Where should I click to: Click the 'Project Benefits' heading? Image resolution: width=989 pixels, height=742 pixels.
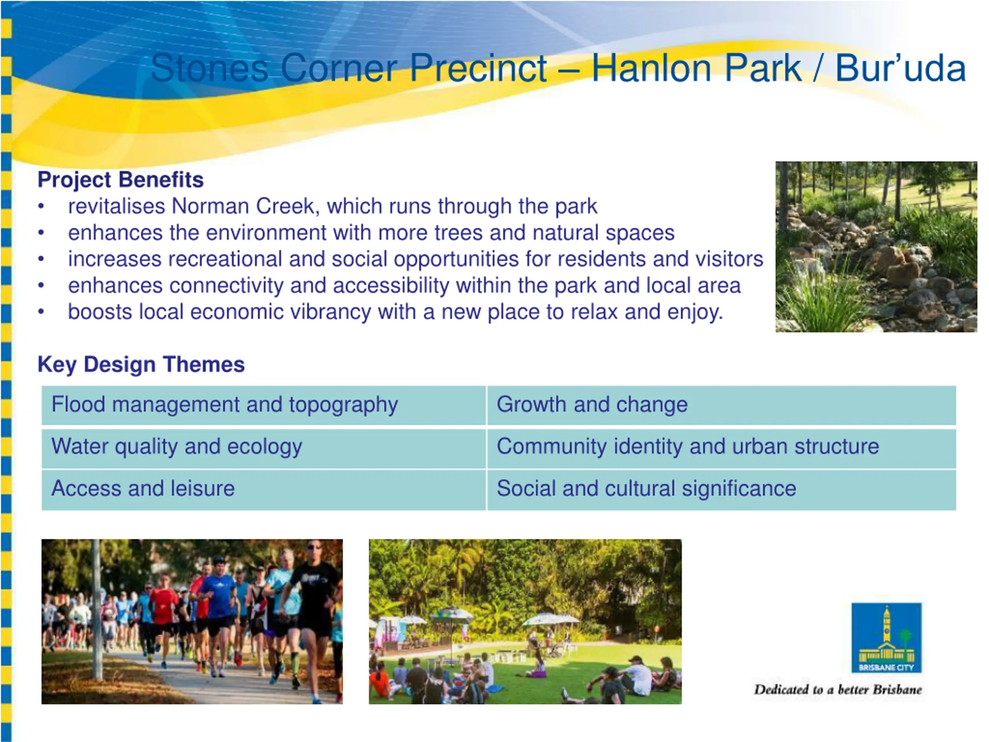point(120,180)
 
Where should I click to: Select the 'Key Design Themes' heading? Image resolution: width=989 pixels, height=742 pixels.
point(141,364)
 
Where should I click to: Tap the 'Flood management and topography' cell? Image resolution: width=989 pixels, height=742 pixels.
point(263,405)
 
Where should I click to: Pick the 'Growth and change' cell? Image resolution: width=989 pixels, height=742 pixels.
point(721,405)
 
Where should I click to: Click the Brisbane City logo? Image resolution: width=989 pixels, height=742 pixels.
point(886,637)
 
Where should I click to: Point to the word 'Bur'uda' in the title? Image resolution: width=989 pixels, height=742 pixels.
point(901,68)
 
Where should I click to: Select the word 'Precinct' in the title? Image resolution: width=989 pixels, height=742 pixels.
point(478,68)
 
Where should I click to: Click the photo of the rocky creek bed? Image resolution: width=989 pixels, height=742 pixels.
point(876,247)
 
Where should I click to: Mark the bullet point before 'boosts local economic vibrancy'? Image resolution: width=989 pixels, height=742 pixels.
point(41,312)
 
